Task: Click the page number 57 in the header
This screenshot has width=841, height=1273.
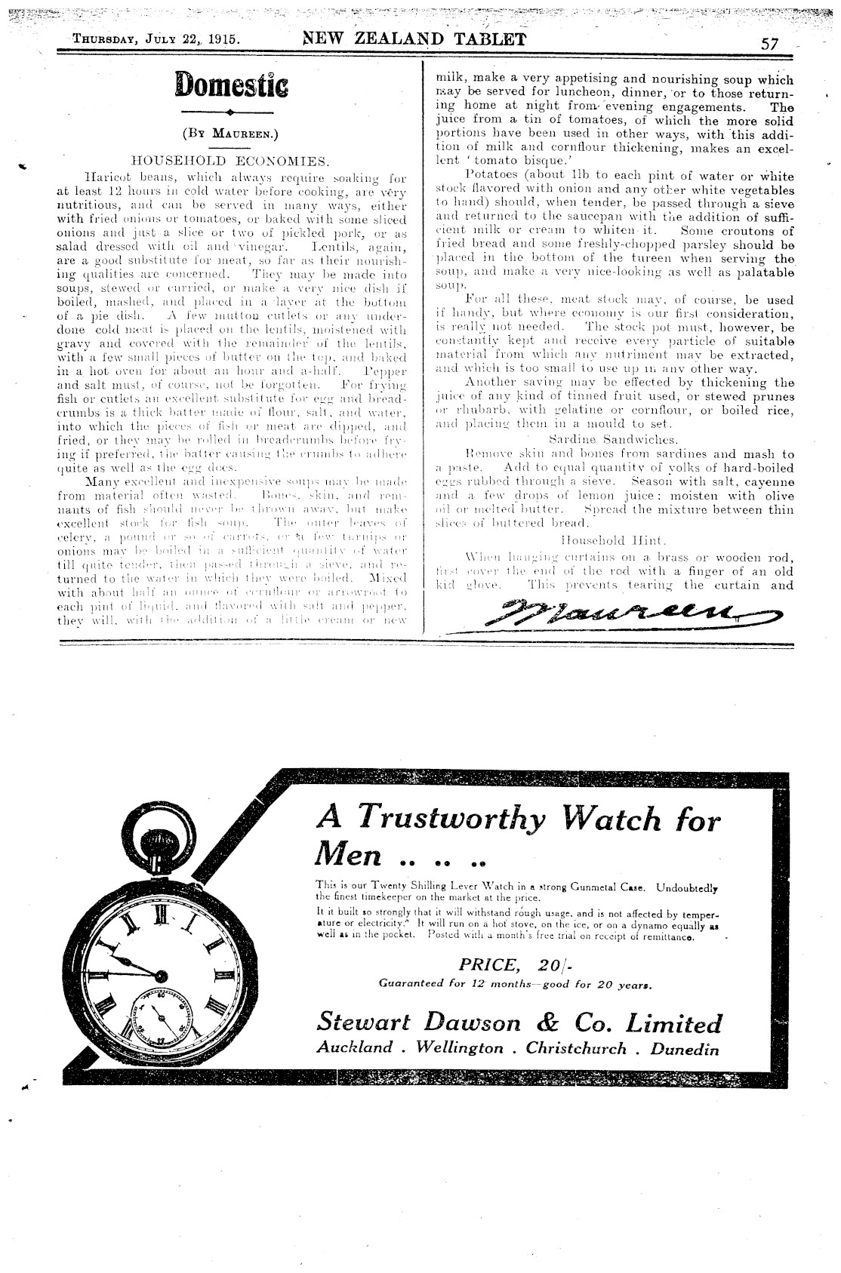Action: [769, 43]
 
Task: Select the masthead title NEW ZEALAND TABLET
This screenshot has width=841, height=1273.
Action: [414, 39]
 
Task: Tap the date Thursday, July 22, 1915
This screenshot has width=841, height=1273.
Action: [157, 41]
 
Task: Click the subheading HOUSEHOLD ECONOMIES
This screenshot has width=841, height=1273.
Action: [230, 161]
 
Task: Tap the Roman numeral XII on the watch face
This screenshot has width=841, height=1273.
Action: [160, 916]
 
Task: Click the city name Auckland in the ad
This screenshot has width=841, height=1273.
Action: [355, 1048]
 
